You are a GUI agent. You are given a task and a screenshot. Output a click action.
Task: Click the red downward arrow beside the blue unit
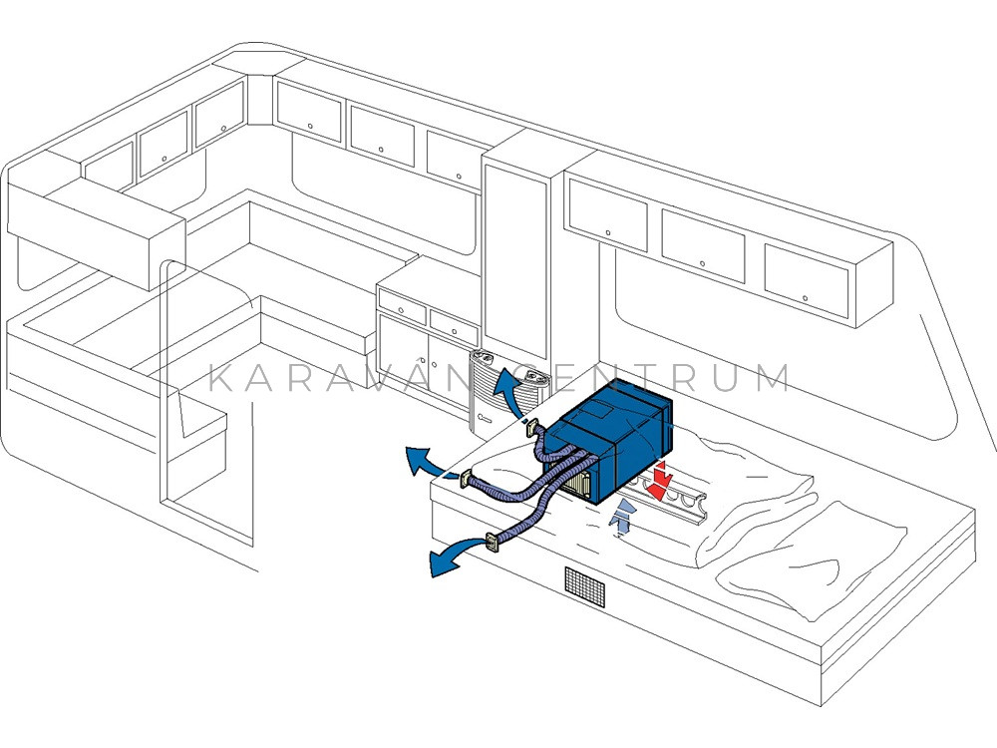pos(661,480)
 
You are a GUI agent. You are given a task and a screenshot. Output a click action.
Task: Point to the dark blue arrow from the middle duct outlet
pos(426,461)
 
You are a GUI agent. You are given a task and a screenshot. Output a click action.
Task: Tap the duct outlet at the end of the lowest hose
pos(494,543)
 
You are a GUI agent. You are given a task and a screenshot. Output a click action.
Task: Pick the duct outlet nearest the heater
pos(531,429)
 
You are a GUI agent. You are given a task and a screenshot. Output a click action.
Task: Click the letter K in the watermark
pos(220,378)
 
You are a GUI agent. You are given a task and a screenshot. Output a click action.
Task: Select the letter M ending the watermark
pos(775,378)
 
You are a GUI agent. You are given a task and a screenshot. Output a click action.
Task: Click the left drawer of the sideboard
pos(402,307)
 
